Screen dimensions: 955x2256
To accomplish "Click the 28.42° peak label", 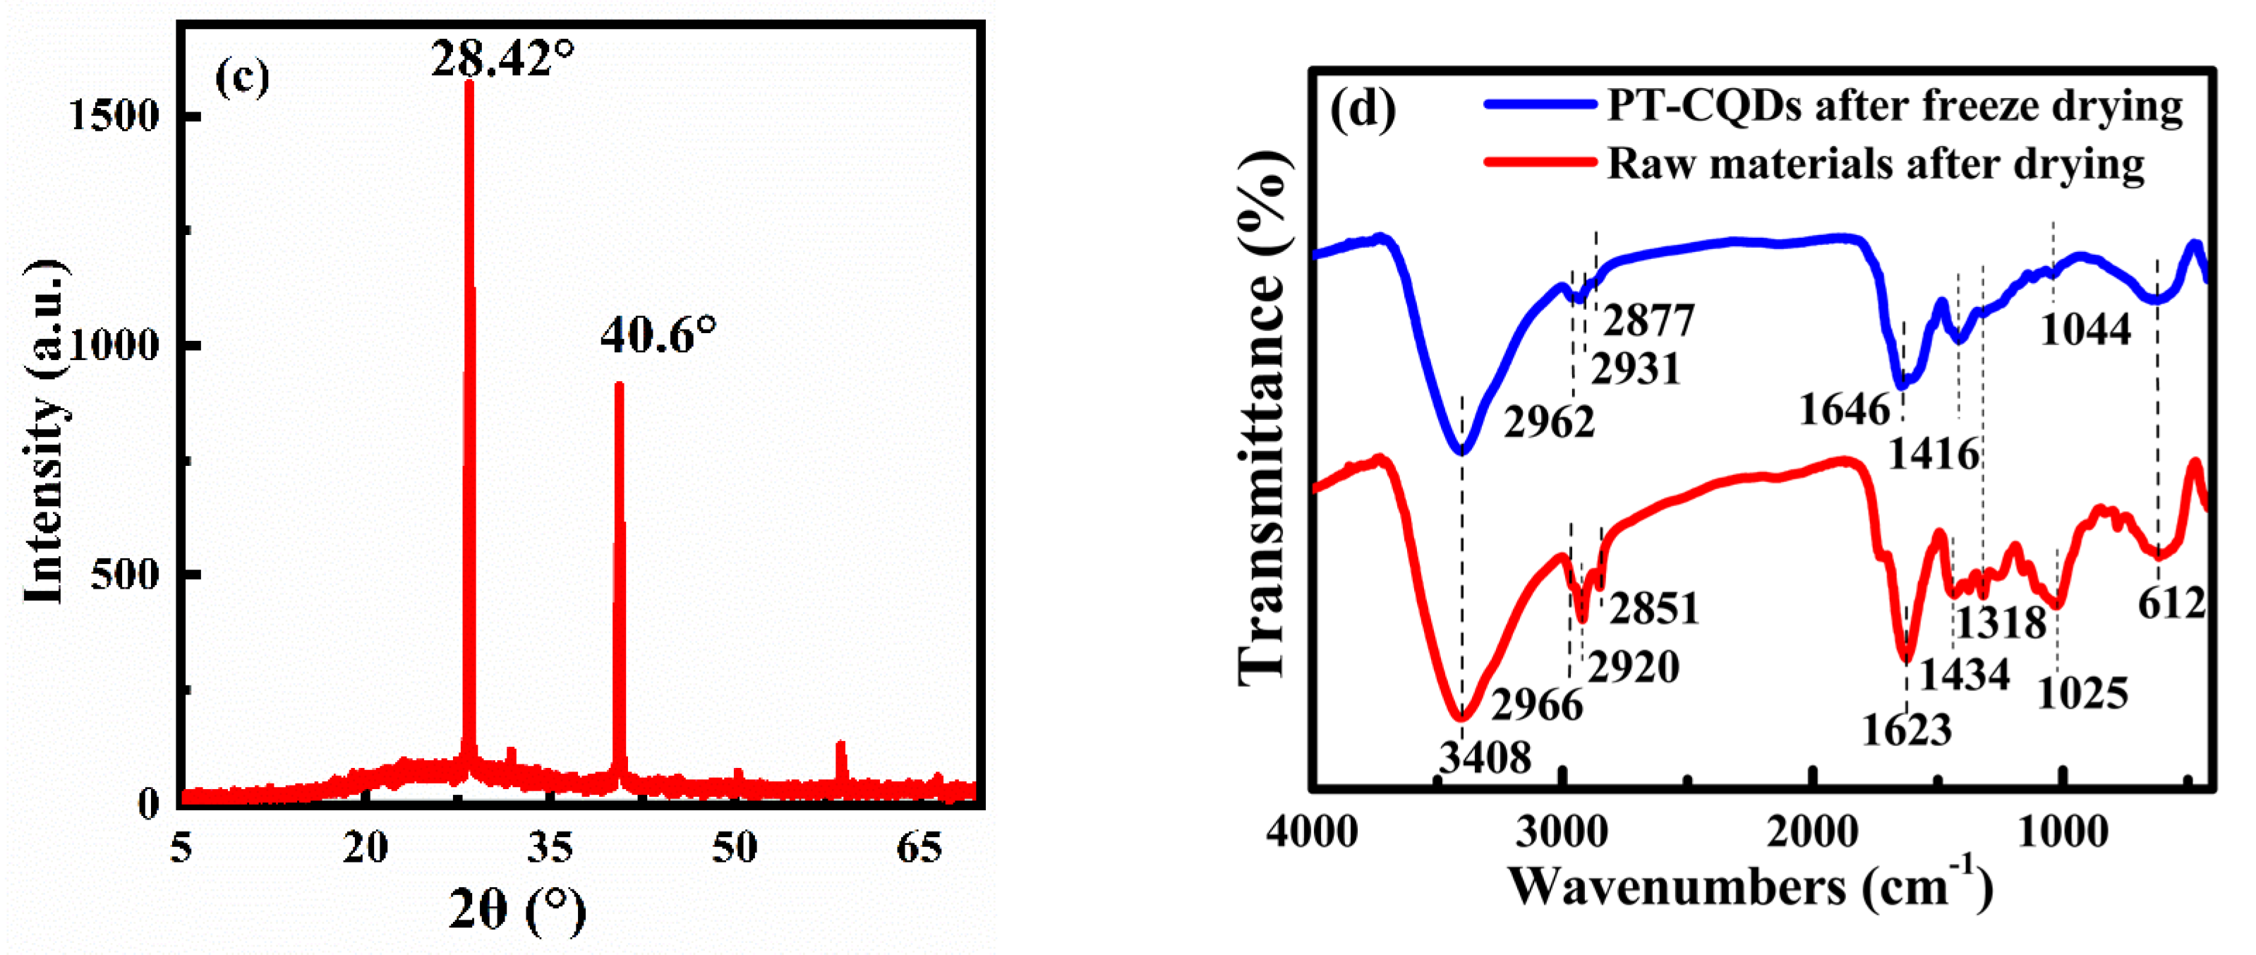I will tap(502, 59).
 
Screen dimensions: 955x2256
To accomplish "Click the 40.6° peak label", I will tap(658, 335).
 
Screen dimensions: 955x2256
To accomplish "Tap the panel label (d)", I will tap(1362, 112).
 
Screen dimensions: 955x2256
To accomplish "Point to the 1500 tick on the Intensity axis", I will tap(114, 116).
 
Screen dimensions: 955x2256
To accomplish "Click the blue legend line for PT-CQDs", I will tap(1540, 104).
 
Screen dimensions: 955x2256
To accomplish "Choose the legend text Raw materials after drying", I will tap(1876, 164).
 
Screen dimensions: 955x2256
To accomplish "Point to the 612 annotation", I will tap(2171, 603).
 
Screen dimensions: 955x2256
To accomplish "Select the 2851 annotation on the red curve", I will tap(1653, 608).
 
